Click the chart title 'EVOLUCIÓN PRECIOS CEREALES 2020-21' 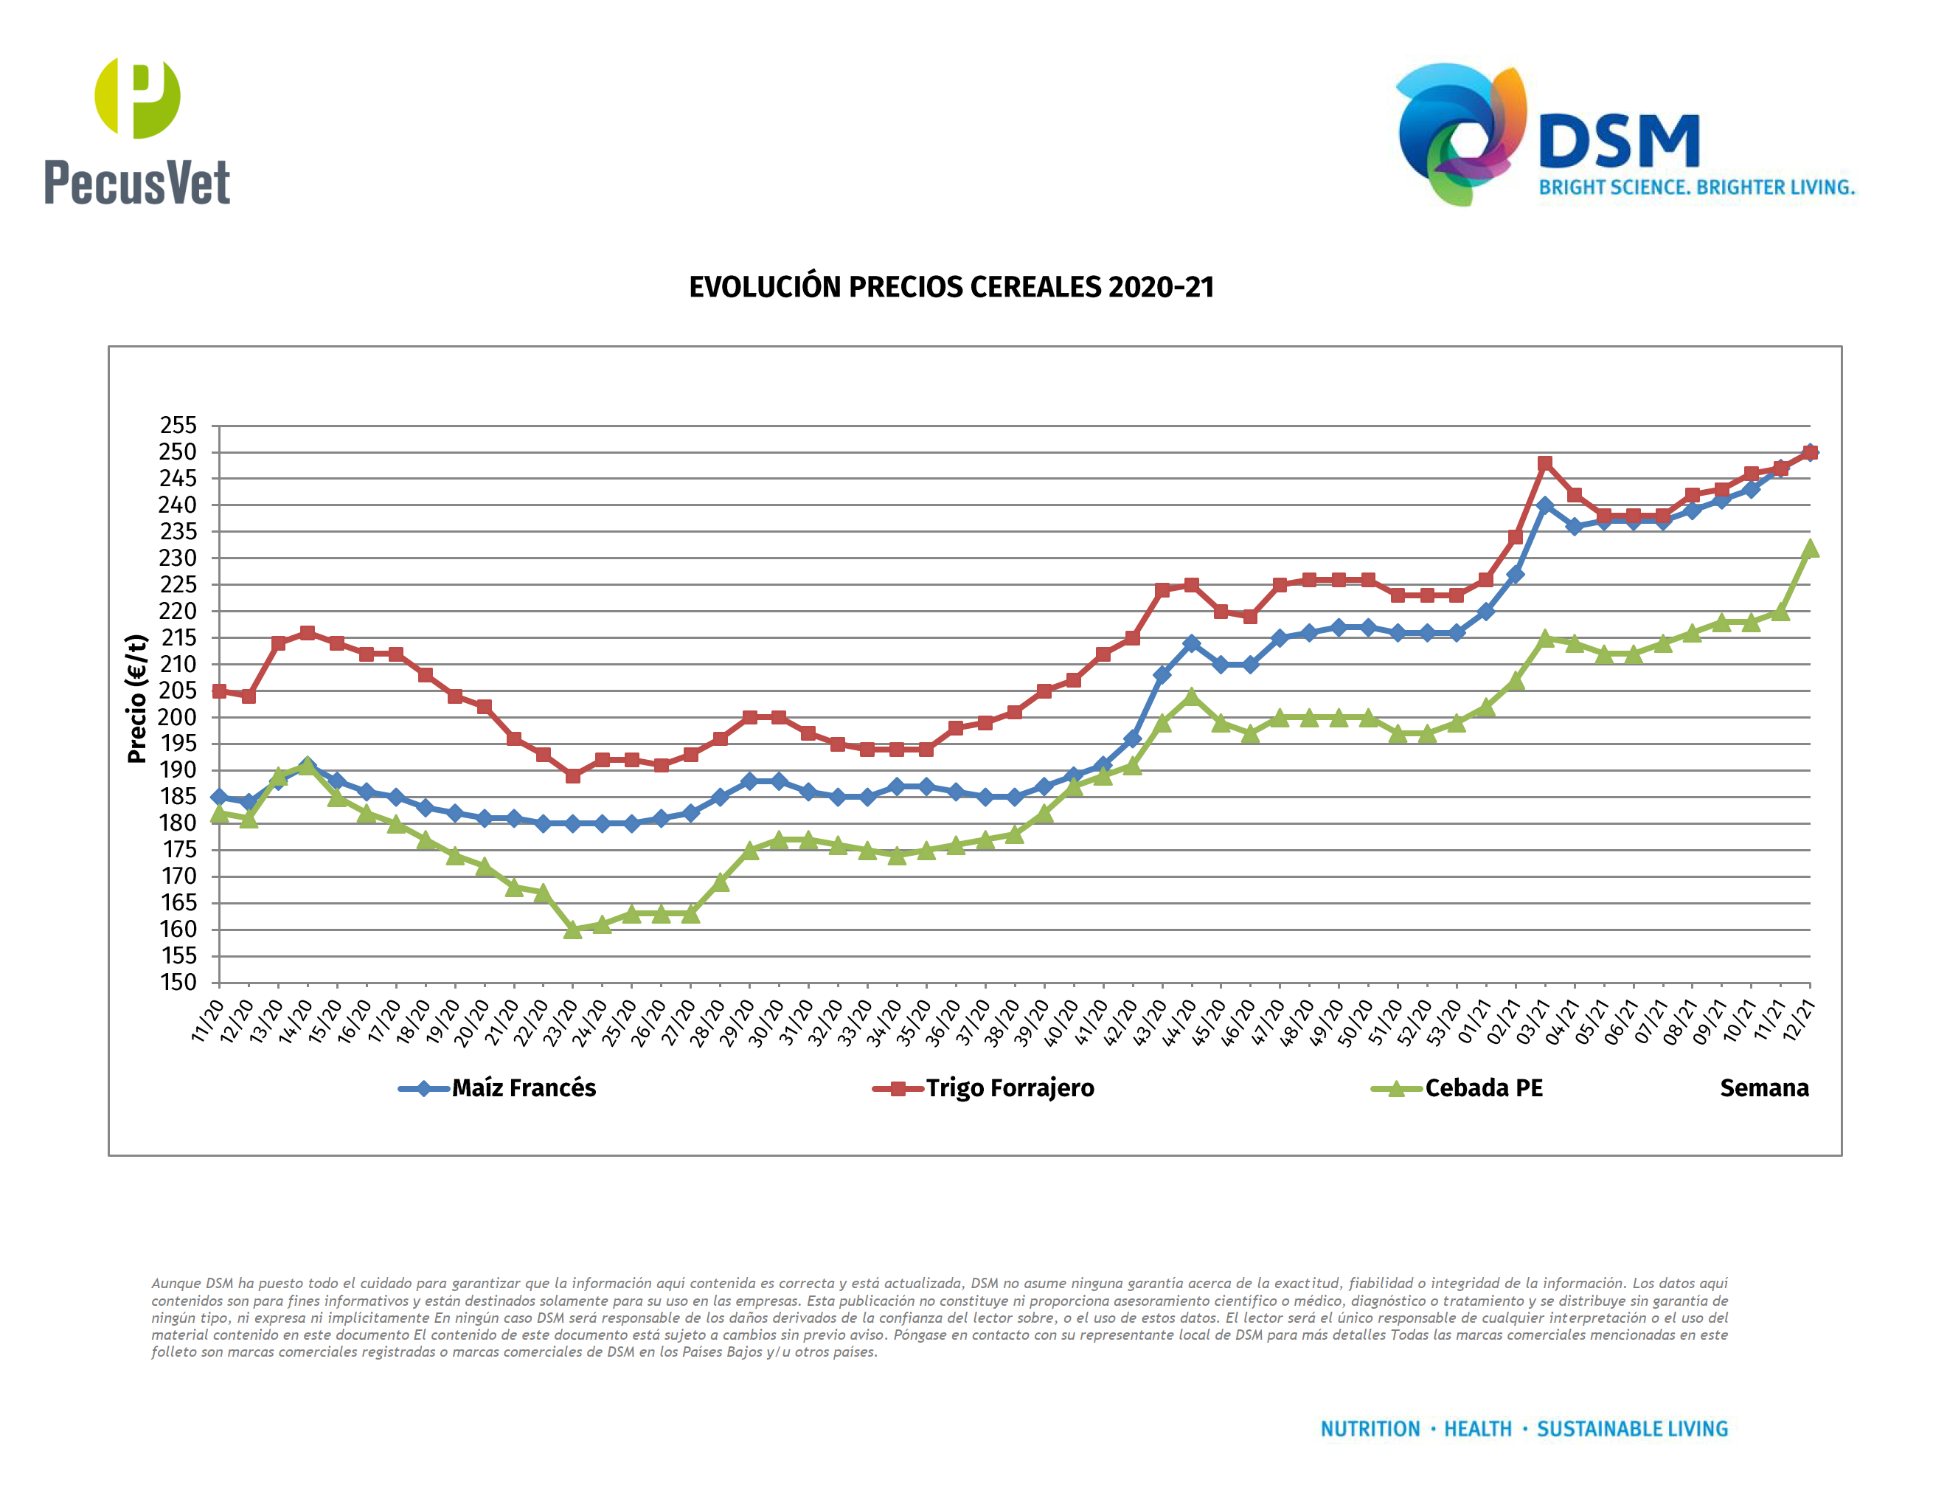point(951,287)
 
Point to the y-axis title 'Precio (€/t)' point(136,699)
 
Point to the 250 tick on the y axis point(178,452)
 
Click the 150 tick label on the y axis point(178,983)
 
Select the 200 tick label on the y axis point(178,717)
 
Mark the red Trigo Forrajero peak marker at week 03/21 point(1544,463)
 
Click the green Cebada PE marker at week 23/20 point(572,930)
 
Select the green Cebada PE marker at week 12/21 point(1809,549)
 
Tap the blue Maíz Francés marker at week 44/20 point(1191,644)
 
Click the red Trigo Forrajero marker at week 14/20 point(308,633)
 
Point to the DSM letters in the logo point(1618,141)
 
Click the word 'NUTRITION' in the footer point(1370,1429)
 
